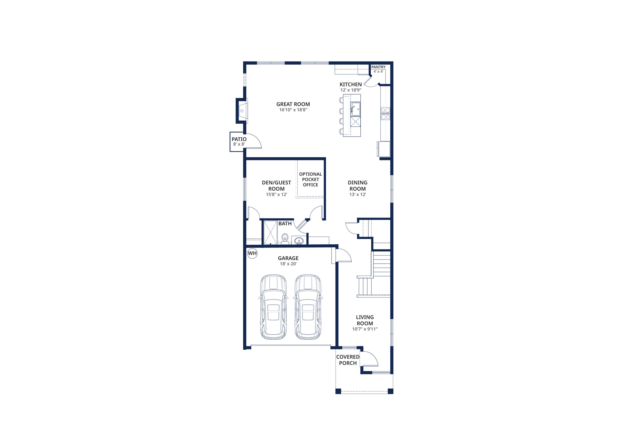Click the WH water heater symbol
[x=252, y=253]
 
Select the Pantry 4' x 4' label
[x=378, y=69]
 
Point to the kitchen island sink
[x=356, y=109]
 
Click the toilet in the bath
[x=285, y=239]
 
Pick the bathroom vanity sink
[x=298, y=241]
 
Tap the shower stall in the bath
[x=270, y=233]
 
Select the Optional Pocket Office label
[x=311, y=179]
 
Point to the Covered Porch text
[x=348, y=360]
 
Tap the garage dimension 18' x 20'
[x=288, y=264]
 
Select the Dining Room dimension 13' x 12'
[x=358, y=194]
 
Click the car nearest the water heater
[x=273, y=307]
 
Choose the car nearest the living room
[x=308, y=307]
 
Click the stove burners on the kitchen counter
[x=385, y=114]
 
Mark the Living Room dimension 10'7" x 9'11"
[x=365, y=329]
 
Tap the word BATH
[x=285, y=224]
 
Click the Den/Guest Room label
[x=276, y=186]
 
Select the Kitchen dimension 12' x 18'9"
[x=351, y=90]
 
